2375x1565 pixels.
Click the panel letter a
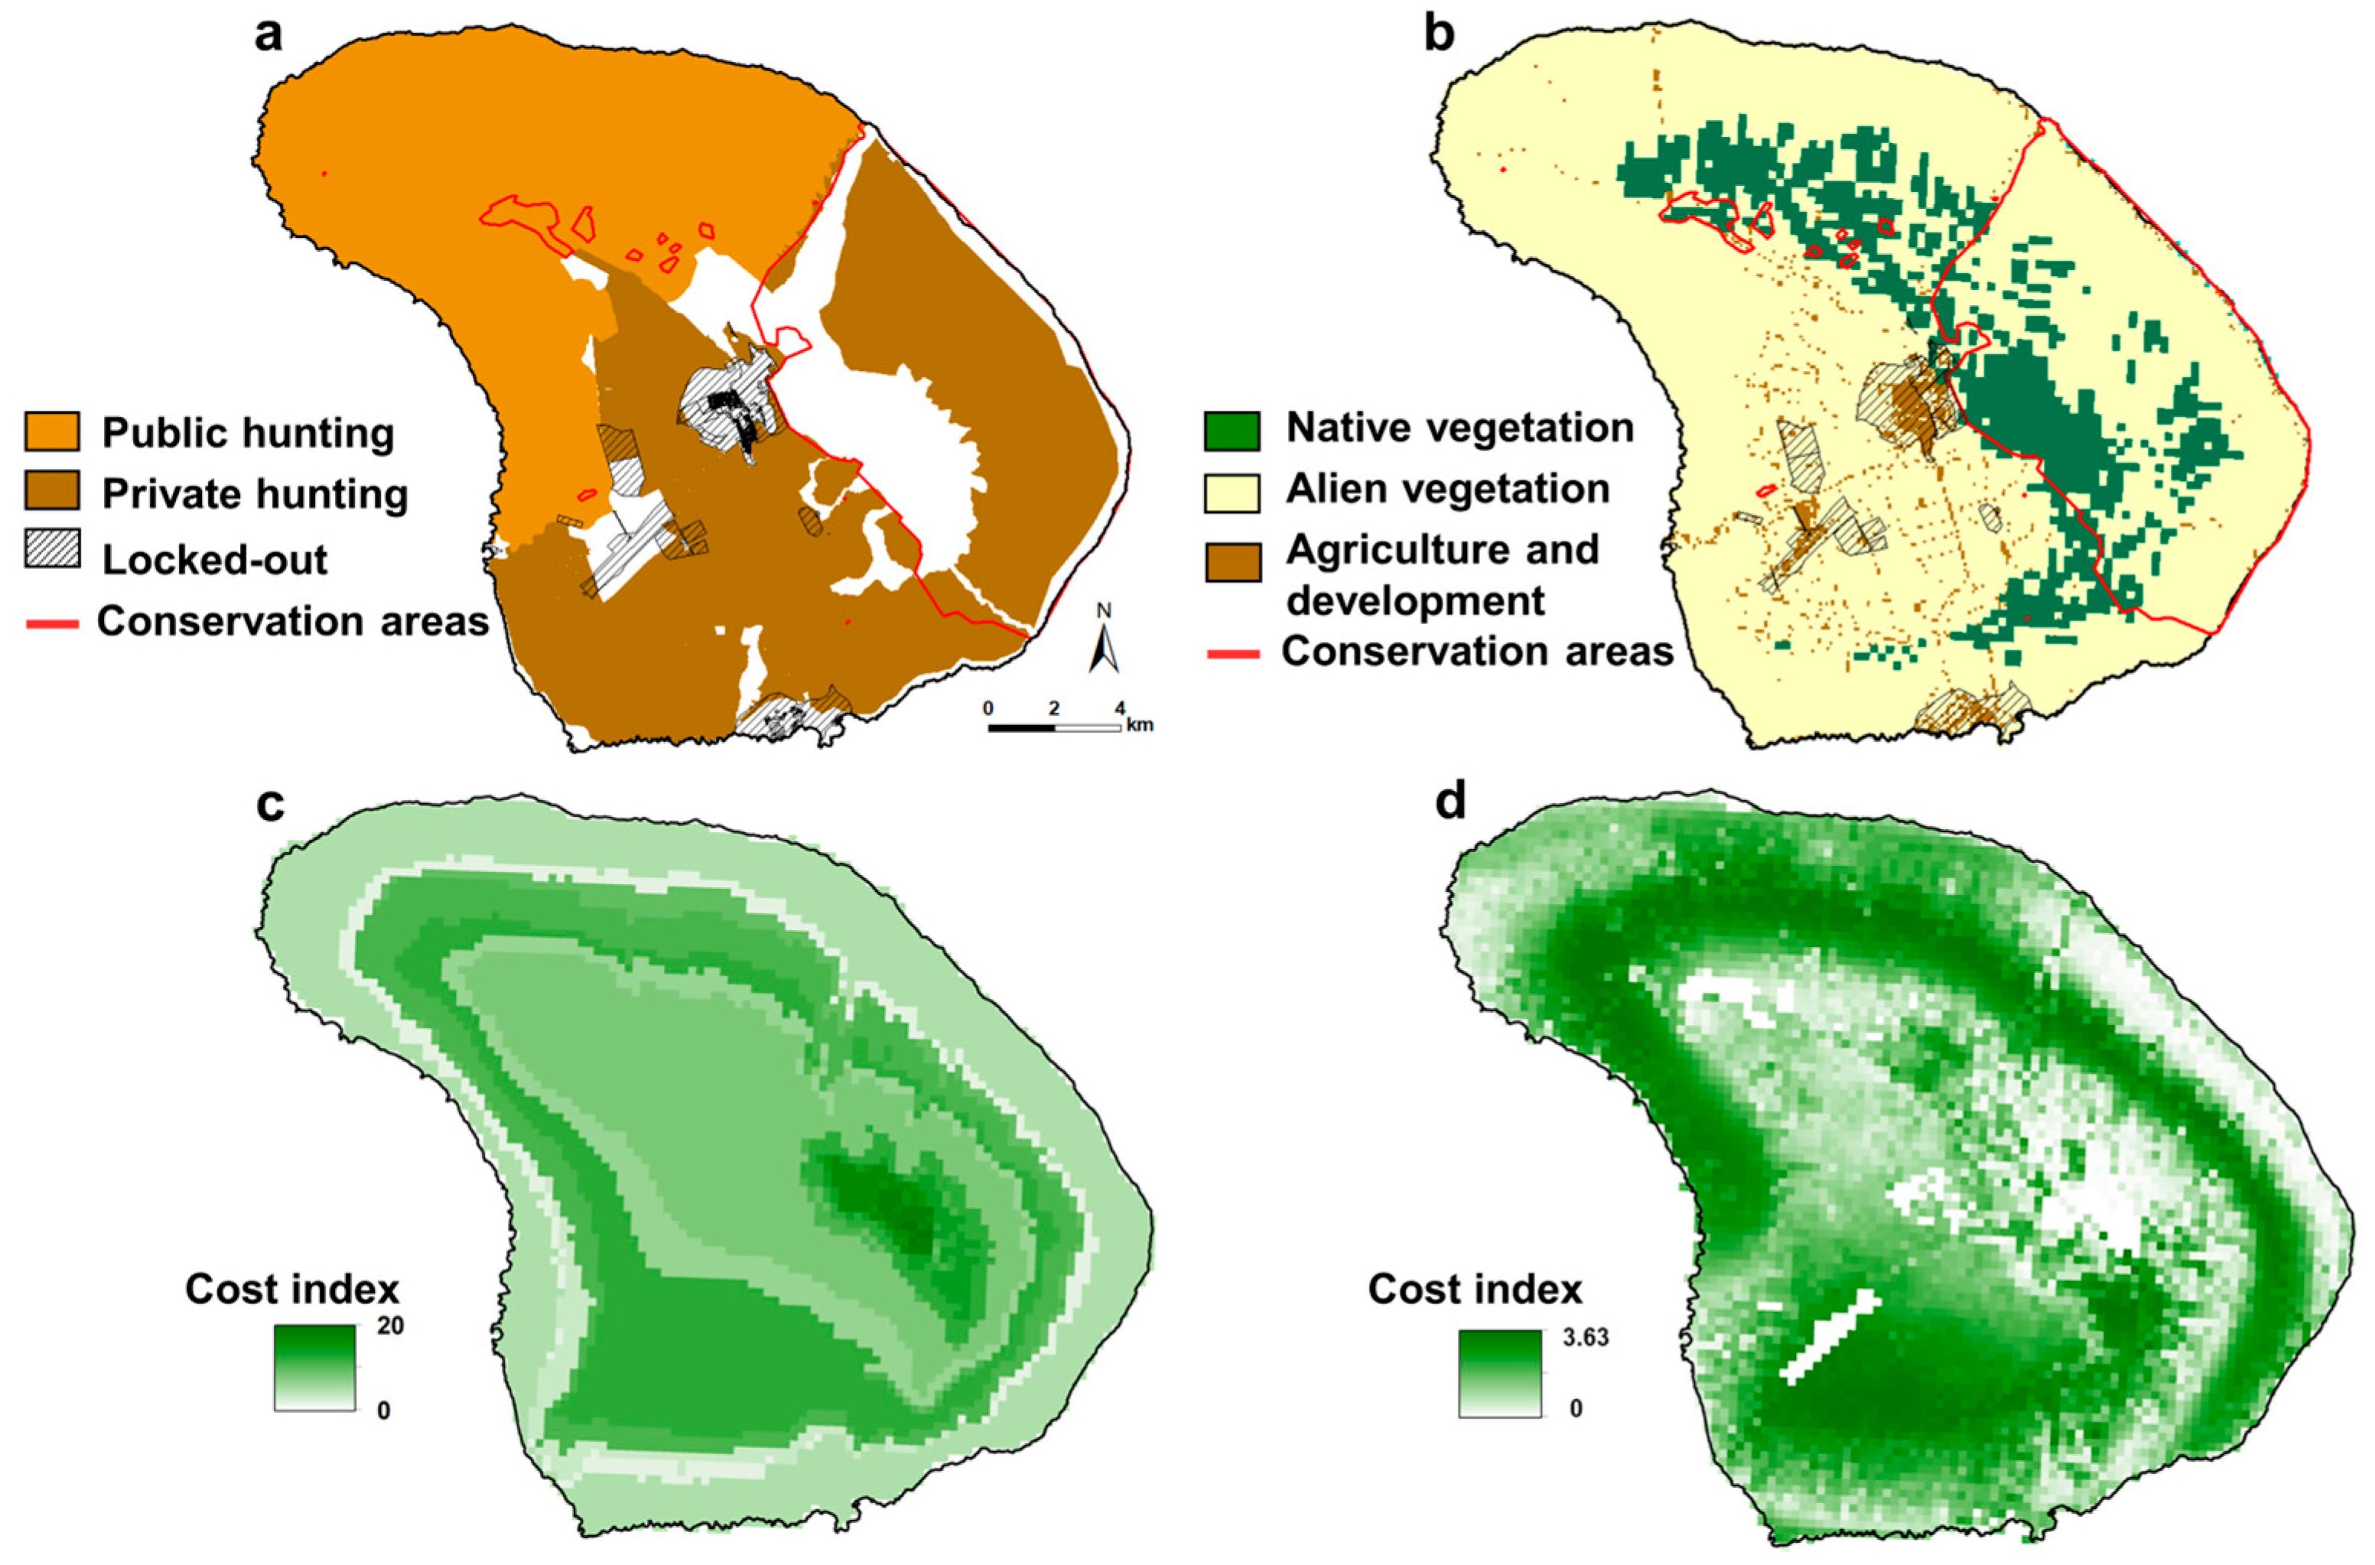[x=268, y=36]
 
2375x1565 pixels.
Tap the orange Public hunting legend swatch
[x=52, y=432]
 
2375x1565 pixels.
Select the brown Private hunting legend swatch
[x=52, y=493]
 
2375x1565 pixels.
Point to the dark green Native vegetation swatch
[x=1231, y=430]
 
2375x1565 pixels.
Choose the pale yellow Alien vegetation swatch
[x=1231, y=491]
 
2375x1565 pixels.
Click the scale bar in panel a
[x=1054, y=727]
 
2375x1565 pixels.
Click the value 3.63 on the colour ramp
[x=1586, y=1336]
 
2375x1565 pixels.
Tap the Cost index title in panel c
[x=292, y=1289]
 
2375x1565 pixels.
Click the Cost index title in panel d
[x=1475, y=1289]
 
